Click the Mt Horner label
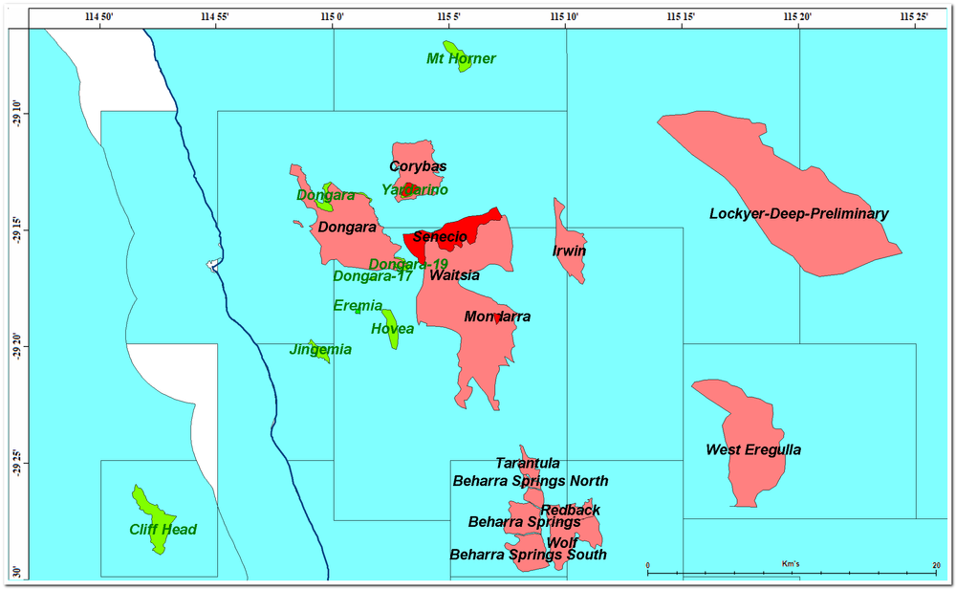461,59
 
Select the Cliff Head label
163,530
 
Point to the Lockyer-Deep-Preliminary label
798,214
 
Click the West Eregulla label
753,449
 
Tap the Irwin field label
569,251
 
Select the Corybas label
418,166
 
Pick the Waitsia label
454,275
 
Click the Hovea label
392,329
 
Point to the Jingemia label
320,350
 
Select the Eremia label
358,306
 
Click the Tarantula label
527,464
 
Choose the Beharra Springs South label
528,555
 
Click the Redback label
570,510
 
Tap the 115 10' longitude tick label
565,16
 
